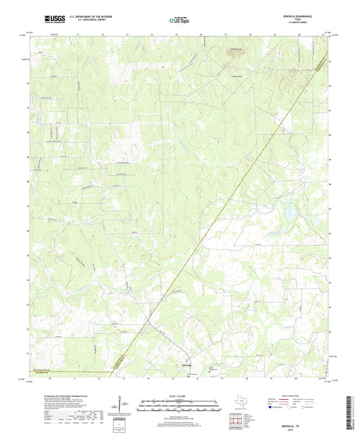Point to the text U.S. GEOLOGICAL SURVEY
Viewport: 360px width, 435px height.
point(91,22)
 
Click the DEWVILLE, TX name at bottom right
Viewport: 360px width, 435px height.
point(311,418)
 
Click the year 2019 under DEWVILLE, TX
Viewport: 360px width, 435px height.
point(311,423)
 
